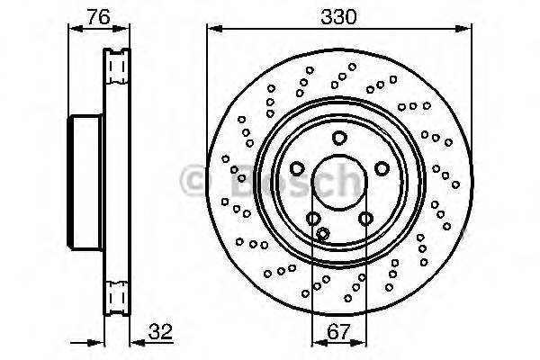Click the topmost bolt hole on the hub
pos(338,138)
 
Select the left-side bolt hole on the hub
pos(297,168)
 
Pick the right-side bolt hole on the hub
pos(381,168)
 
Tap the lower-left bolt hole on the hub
pos(313,218)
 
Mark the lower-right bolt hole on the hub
pos(364,218)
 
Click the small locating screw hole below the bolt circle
pos(322,234)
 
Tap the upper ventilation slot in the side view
pos(114,67)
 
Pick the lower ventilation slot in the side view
pos(114,294)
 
